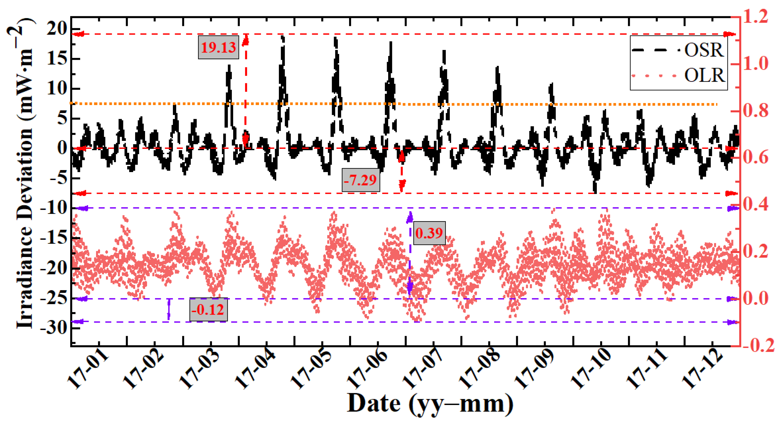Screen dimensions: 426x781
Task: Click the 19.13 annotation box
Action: tap(218, 47)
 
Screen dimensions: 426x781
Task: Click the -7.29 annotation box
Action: tap(360, 180)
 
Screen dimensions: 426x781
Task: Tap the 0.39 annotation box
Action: tap(429, 233)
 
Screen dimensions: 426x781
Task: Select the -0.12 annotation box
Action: tap(208, 309)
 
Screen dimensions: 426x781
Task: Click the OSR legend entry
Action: tap(679, 50)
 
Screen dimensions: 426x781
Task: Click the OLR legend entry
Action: tap(679, 75)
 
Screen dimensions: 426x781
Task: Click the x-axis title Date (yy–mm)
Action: tap(430, 404)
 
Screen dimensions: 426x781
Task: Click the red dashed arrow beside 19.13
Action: tap(246, 91)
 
